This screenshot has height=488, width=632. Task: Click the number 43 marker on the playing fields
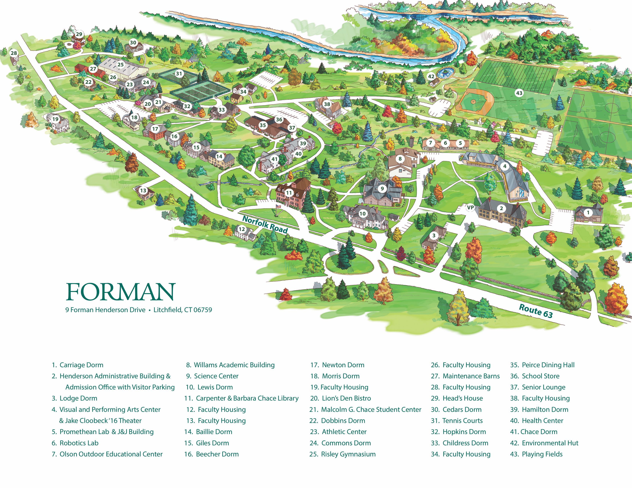click(519, 93)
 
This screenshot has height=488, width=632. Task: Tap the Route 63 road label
click(536, 311)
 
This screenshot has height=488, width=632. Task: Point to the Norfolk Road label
click(265, 224)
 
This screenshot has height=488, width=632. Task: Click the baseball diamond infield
click(473, 102)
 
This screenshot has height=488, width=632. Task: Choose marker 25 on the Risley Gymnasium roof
click(120, 64)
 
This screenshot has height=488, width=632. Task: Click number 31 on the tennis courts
click(179, 73)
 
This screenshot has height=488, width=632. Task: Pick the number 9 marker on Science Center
click(382, 189)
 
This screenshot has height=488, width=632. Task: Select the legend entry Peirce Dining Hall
click(548, 365)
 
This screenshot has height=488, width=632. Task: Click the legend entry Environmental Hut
click(550, 443)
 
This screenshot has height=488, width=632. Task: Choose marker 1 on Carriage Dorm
click(588, 212)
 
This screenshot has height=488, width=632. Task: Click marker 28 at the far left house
click(14, 53)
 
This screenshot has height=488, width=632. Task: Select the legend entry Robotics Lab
click(79, 443)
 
